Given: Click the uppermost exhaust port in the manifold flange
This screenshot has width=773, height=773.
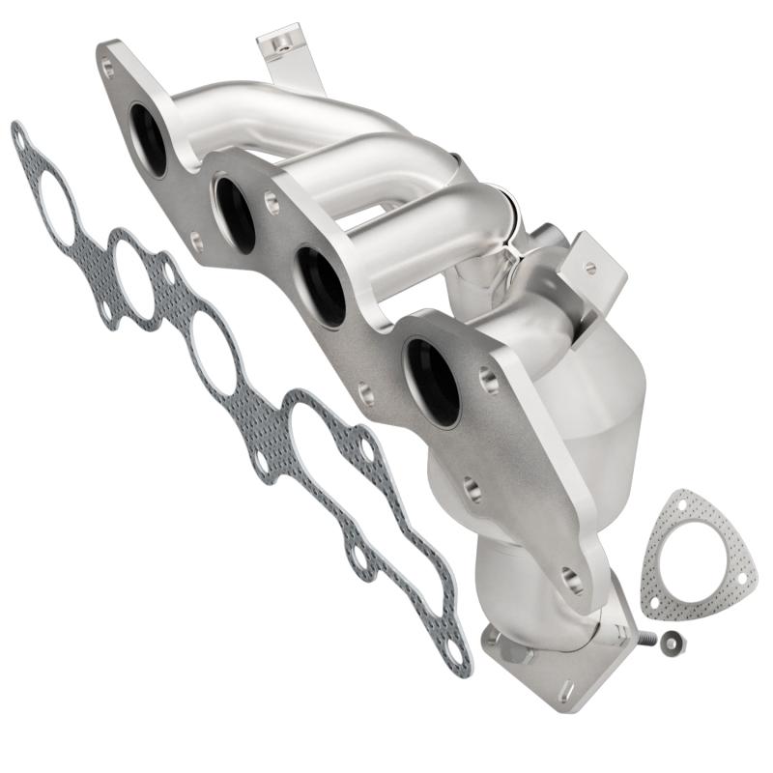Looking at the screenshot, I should point(149,138).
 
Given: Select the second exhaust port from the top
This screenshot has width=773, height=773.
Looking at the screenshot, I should point(235,214).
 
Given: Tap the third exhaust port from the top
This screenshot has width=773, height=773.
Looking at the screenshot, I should point(320,285).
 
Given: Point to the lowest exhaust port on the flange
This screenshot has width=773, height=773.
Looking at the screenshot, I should point(432,381).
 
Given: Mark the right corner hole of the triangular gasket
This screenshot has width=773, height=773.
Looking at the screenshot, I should point(742,578).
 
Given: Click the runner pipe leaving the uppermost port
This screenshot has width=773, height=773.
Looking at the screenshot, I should point(251,116).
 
